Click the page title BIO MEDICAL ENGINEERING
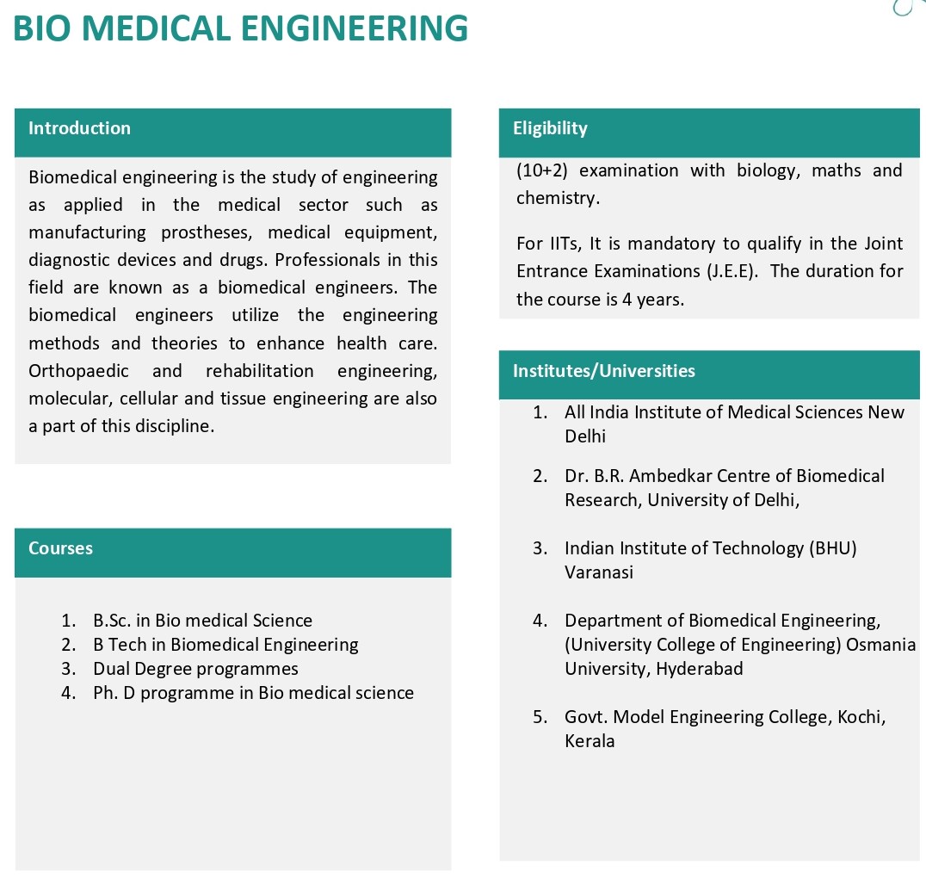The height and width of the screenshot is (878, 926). tap(241, 28)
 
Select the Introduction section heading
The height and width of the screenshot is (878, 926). tap(79, 128)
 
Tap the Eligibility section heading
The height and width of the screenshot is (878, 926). tap(550, 128)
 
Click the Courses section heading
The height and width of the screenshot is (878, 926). tap(60, 548)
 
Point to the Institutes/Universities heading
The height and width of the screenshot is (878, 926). tap(603, 371)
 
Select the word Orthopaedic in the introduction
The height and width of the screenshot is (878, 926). tap(78, 371)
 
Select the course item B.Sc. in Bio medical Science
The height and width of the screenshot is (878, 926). tap(202, 621)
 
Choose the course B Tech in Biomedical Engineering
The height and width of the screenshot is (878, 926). tap(225, 645)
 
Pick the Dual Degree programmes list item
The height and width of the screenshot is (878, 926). tap(195, 669)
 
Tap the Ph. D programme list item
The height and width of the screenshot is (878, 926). tap(253, 693)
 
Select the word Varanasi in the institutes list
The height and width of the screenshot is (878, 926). tap(599, 572)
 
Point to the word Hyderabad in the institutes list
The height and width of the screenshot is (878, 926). tap(700, 669)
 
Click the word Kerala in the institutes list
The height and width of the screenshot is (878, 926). tap(590, 741)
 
